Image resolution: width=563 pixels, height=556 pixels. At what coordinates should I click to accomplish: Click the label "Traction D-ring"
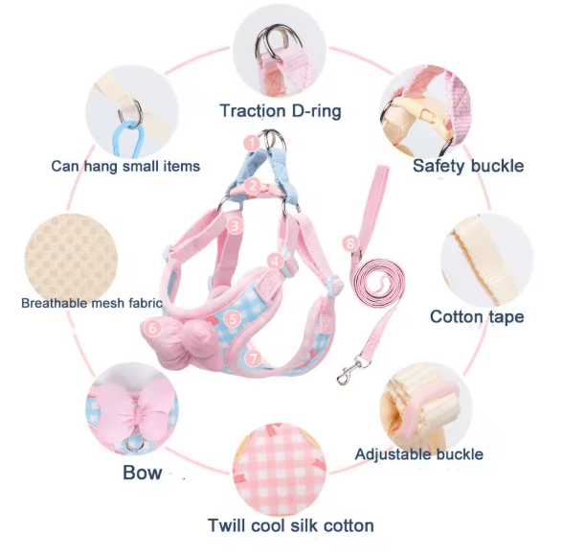(281, 110)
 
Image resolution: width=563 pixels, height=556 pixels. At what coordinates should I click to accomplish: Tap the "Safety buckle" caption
(468, 166)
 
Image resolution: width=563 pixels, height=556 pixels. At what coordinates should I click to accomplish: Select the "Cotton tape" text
(477, 317)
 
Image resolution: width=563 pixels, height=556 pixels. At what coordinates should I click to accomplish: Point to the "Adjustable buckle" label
(419, 454)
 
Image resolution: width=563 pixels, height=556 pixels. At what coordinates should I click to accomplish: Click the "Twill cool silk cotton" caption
(291, 525)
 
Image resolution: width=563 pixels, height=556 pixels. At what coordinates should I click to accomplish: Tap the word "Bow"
(142, 473)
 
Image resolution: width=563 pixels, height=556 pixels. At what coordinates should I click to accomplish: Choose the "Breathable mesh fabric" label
(92, 303)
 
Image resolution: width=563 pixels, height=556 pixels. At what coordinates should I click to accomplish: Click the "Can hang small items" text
(125, 167)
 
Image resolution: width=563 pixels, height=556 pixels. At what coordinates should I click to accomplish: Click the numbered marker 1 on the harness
(251, 144)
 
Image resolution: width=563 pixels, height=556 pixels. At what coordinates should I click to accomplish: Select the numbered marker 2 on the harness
(253, 186)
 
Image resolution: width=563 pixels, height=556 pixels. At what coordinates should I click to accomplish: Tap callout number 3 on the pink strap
(235, 225)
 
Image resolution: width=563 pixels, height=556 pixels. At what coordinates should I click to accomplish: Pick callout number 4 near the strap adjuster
(275, 261)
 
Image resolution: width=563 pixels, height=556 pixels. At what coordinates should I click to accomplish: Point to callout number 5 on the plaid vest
(233, 319)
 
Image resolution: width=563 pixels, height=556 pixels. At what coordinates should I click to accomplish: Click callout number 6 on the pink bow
(153, 328)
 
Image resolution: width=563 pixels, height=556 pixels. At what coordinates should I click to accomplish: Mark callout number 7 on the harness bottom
(254, 358)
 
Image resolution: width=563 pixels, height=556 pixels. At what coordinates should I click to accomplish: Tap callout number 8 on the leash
(350, 243)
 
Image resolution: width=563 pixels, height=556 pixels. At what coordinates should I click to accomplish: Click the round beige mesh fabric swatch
(71, 260)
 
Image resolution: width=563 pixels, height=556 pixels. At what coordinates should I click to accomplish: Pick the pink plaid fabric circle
(280, 470)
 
